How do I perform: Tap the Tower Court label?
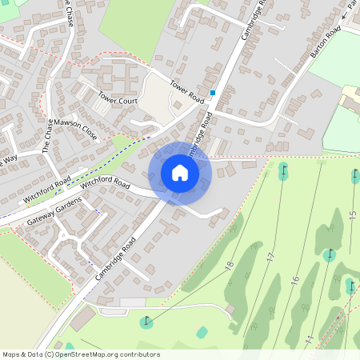(118, 101)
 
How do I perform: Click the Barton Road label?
(326, 40)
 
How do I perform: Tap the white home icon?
(180, 173)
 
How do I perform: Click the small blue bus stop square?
(213, 93)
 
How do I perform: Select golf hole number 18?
(230, 266)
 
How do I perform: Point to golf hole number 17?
(270, 258)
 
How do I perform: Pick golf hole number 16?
(294, 279)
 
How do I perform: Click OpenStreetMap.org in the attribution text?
(89, 354)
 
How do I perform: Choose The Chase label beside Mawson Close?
(48, 135)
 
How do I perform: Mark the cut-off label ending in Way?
(8, 161)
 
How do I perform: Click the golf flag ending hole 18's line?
(146, 322)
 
